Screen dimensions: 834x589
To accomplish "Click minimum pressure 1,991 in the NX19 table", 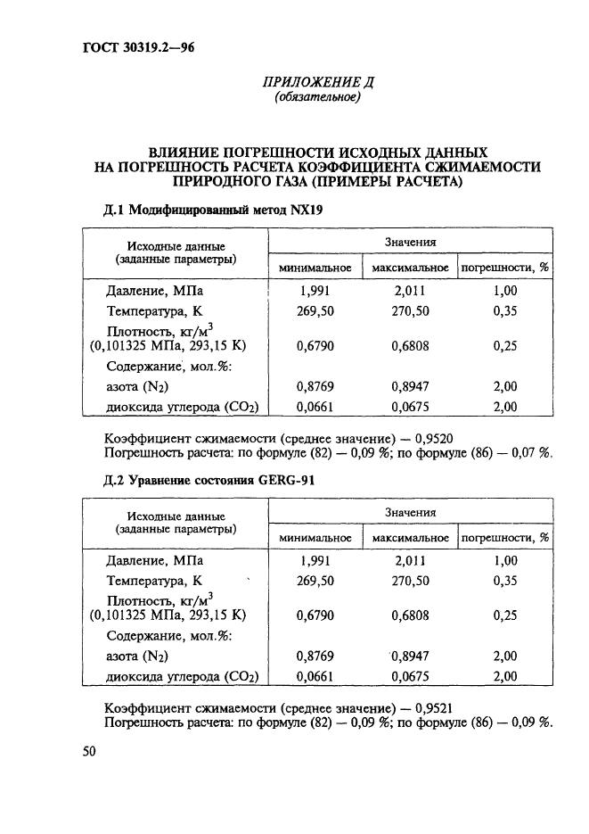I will pos(315,291).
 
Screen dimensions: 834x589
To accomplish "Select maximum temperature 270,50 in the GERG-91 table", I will pos(411,581).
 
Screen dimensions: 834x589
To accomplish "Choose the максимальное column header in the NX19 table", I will pos(410,267).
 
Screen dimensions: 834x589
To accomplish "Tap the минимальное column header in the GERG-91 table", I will pos(315,538).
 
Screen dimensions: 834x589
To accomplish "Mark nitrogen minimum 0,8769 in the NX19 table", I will pos(315,388).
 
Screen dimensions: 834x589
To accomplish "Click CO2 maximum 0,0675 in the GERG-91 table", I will pos(411,677).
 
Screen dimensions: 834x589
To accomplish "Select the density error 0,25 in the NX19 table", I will pos(504,347).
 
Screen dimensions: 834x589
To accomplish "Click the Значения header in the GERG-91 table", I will pos(410,513).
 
